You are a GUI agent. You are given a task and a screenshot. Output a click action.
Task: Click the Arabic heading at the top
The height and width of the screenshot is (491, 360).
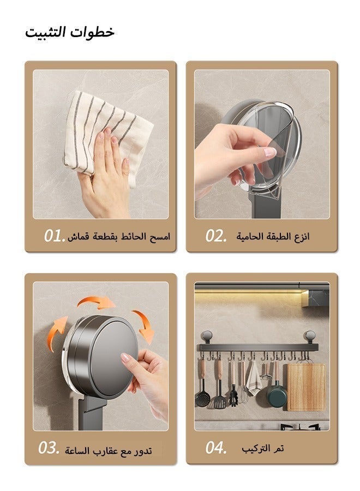point(69,32)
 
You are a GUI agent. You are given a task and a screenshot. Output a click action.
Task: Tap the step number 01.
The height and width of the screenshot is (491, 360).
point(55,236)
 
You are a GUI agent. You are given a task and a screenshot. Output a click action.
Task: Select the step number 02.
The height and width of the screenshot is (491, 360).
point(215,236)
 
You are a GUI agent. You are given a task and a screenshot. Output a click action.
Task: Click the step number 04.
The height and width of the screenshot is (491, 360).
point(215,448)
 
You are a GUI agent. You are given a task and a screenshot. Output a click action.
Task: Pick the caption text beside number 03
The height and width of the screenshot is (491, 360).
point(109,451)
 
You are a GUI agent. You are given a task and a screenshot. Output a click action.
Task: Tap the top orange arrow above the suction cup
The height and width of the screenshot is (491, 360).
point(95,302)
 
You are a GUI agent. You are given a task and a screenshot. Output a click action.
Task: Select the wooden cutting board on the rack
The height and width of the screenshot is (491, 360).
point(307,387)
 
